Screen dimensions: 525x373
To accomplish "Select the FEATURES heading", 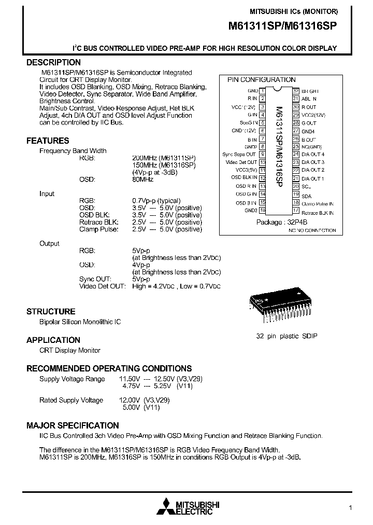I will point(48,141).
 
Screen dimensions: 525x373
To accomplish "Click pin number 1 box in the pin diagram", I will point(263,91).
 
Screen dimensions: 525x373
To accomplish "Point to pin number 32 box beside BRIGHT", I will point(296,91).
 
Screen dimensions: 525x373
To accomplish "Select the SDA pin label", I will point(307,196).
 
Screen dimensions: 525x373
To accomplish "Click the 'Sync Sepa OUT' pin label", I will point(239,155).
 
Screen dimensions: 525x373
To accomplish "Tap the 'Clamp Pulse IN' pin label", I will point(318,204).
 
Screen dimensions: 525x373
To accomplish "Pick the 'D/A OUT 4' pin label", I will point(313,155).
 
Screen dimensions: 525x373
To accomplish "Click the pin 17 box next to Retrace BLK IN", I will point(296,211).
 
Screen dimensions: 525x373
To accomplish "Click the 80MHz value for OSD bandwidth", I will point(143,179).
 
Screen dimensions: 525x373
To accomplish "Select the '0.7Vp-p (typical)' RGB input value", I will point(156,201).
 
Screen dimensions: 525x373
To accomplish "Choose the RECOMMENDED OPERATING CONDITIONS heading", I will point(109,368).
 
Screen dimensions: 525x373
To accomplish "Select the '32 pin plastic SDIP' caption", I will point(286,336).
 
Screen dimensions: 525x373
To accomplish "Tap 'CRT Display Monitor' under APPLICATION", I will point(70,351).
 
